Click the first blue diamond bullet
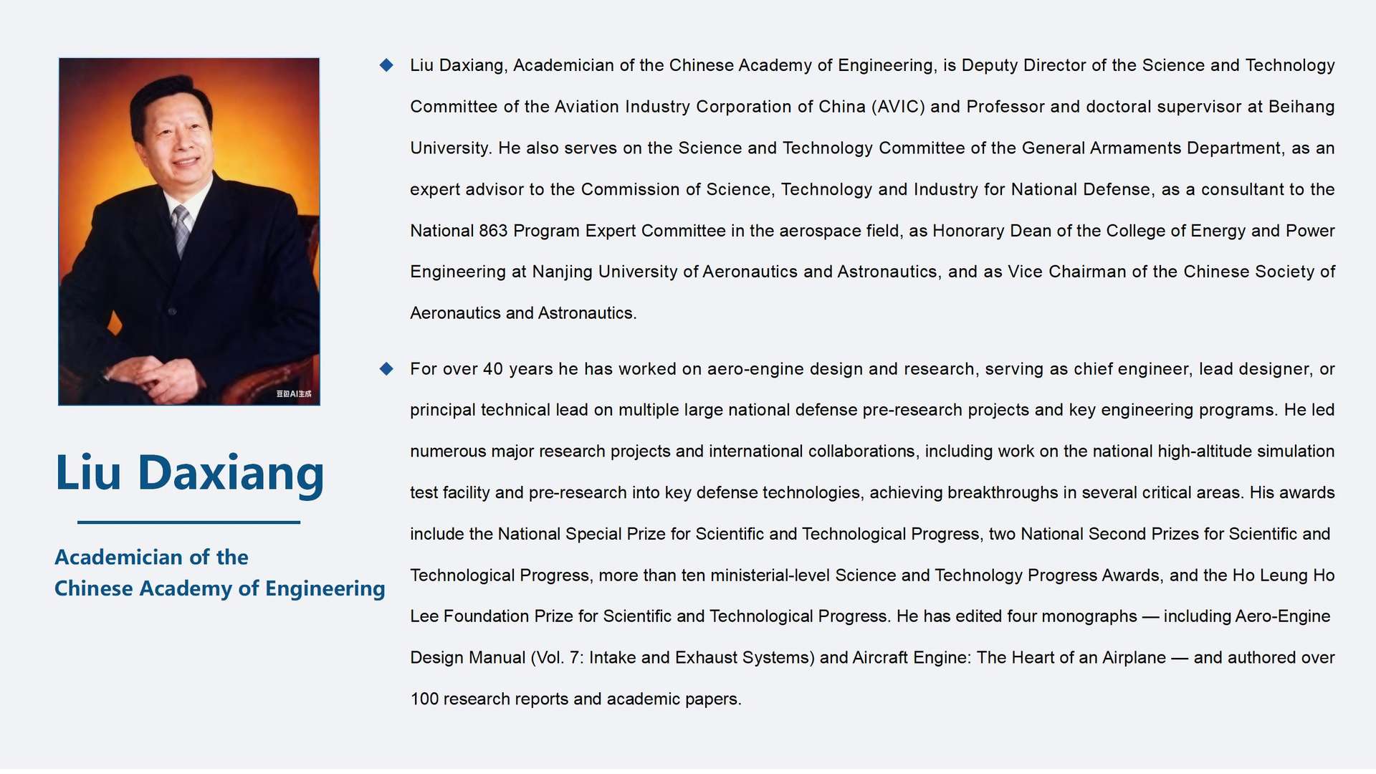[386, 65]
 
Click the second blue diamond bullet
[386, 369]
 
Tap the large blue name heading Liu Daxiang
[190, 473]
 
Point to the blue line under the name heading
[188, 522]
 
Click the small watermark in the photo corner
[294, 393]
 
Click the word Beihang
[1301, 107]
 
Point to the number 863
[493, 231]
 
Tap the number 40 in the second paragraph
[493, 369]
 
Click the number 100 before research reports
[424, 699]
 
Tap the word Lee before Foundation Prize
[424, 616]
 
